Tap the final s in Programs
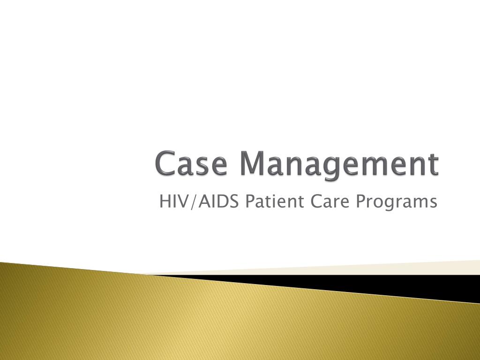[x=433, y=203]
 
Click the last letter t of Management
[x=434, y=165]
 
